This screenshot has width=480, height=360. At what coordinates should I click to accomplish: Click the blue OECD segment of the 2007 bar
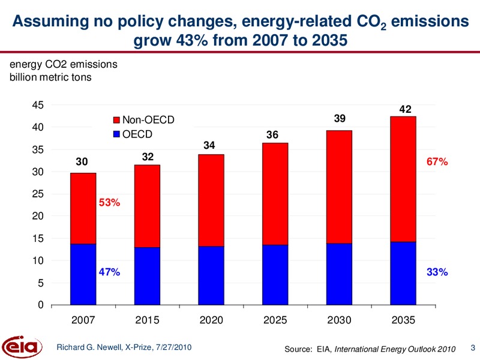click(83, 274)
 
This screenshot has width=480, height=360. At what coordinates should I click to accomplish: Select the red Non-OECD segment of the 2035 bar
click(403, 179)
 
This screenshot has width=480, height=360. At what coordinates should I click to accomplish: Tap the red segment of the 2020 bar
click(211, 200)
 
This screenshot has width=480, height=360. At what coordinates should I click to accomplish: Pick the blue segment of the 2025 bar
click(275, 275)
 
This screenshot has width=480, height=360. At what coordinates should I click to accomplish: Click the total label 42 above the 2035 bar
click(406, 109)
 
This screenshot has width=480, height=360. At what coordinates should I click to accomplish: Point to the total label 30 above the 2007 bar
click(82, 161)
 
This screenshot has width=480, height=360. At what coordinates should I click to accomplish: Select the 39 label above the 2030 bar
click(340, 118)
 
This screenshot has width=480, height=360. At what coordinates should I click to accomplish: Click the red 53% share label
click(109, 202)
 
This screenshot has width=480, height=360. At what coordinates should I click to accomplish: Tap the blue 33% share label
click(437, 272)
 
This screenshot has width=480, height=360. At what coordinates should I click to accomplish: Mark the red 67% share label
click(437, 161)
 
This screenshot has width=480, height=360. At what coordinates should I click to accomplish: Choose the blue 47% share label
click(109, 272)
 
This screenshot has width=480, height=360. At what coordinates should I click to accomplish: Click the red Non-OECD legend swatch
click(116, 120)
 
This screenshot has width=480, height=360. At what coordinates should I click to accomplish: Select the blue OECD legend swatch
click(116, 134)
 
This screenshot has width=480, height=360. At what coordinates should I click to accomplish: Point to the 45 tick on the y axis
click(38, 105)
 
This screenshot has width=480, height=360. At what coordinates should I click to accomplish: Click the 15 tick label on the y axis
click(38, 238)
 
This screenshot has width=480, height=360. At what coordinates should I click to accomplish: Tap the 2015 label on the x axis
click(147, 320)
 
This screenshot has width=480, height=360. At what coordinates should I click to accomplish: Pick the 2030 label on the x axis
click(339, 320)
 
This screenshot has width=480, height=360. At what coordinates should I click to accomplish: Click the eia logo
click(22, 347)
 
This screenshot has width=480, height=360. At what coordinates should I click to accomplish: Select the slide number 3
click(473, 348)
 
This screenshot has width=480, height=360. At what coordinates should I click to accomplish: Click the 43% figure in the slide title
click(191, 40)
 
